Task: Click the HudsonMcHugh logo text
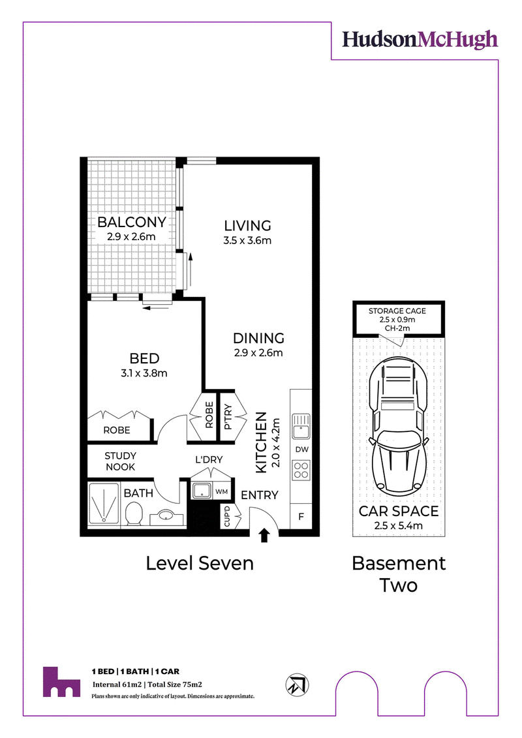pos(420,40)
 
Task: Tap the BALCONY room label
pos(132,222)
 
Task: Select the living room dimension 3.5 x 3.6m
pos(247,241)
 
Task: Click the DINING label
pos(259,338)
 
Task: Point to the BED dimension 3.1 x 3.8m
pos(144,373)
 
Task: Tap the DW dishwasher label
pos(301,450)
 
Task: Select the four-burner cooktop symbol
pos(301,470)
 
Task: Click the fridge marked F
pos(301,516)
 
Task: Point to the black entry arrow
pos(264,535)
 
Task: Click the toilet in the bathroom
pos(134,513)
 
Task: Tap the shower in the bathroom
pos(104,503)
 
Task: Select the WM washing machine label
pos(222,492)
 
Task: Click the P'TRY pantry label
pos(228,416)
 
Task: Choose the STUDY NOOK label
pos(121,461)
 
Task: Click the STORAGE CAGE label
pos(397,311)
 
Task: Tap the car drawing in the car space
pos(398,426)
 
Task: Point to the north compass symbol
pos(297,684)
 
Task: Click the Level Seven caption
pos(200,563)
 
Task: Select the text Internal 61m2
pos(117,684)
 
